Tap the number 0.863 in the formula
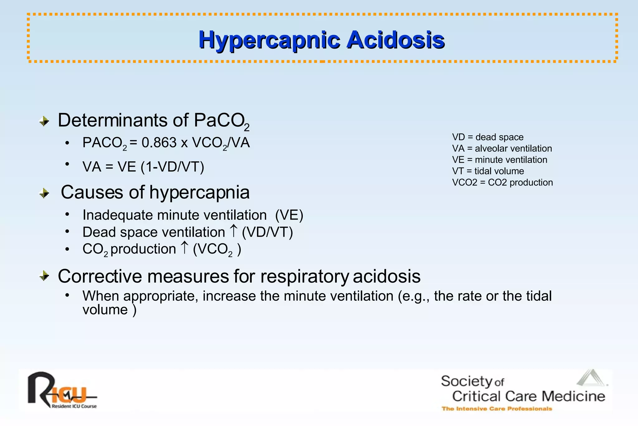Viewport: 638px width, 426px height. pos(159,143)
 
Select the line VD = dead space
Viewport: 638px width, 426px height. pos(488,137)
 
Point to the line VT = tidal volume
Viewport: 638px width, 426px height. pos(488,171)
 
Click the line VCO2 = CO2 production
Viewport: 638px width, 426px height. pos(502,182)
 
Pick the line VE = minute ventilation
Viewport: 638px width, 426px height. pos(499,160)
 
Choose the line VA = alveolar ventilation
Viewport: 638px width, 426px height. pos(502,148)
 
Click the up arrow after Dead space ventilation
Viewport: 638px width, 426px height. pos(233,231)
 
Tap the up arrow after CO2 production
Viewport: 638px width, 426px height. pos(184,248)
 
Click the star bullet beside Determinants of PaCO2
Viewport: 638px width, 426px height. pos(45,121)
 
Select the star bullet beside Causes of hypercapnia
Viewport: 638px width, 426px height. pos(45,193)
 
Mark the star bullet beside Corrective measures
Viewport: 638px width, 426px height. pos(45,276)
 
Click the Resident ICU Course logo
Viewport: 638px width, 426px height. pos(62,391)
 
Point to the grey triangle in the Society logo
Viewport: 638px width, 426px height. pos(591,378)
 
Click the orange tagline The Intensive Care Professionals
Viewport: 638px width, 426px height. pos(497,409)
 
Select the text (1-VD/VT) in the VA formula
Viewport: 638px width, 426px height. pos(172,167)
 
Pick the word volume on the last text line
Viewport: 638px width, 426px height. pos(105,310)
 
